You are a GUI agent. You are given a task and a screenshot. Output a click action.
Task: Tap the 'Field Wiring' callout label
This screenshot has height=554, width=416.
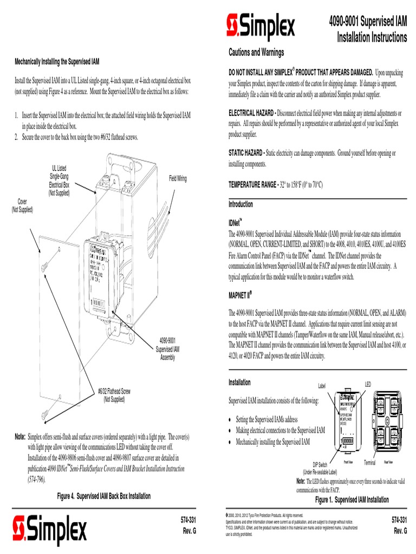click(178, 179)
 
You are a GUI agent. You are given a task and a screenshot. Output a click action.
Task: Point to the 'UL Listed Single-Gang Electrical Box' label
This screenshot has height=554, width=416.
click(59, 180)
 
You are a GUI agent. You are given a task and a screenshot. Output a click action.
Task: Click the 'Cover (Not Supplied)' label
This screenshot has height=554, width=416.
click(23, 206)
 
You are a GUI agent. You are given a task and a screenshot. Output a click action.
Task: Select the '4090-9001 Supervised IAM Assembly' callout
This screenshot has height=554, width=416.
click(167, 349)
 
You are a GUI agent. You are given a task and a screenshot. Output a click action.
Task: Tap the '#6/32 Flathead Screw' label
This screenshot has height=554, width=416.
click(114, 395)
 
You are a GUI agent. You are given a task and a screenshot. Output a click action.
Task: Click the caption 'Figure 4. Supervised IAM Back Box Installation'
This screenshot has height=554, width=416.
click(104, 496)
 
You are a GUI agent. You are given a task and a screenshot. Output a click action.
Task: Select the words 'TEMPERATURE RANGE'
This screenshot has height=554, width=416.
click(252, 185)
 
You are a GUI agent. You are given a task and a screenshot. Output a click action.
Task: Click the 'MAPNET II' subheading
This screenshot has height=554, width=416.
click(240, 295)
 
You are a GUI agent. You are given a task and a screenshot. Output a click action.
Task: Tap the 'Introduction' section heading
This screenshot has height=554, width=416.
click(240, 205)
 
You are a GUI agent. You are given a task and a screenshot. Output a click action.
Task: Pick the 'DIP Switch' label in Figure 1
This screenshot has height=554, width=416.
click(320, 465)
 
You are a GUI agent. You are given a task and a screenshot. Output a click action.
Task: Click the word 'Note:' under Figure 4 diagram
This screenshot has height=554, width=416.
click(20, 436)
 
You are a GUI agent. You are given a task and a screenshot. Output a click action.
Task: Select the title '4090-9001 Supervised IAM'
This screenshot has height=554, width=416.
click(368, 22)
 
